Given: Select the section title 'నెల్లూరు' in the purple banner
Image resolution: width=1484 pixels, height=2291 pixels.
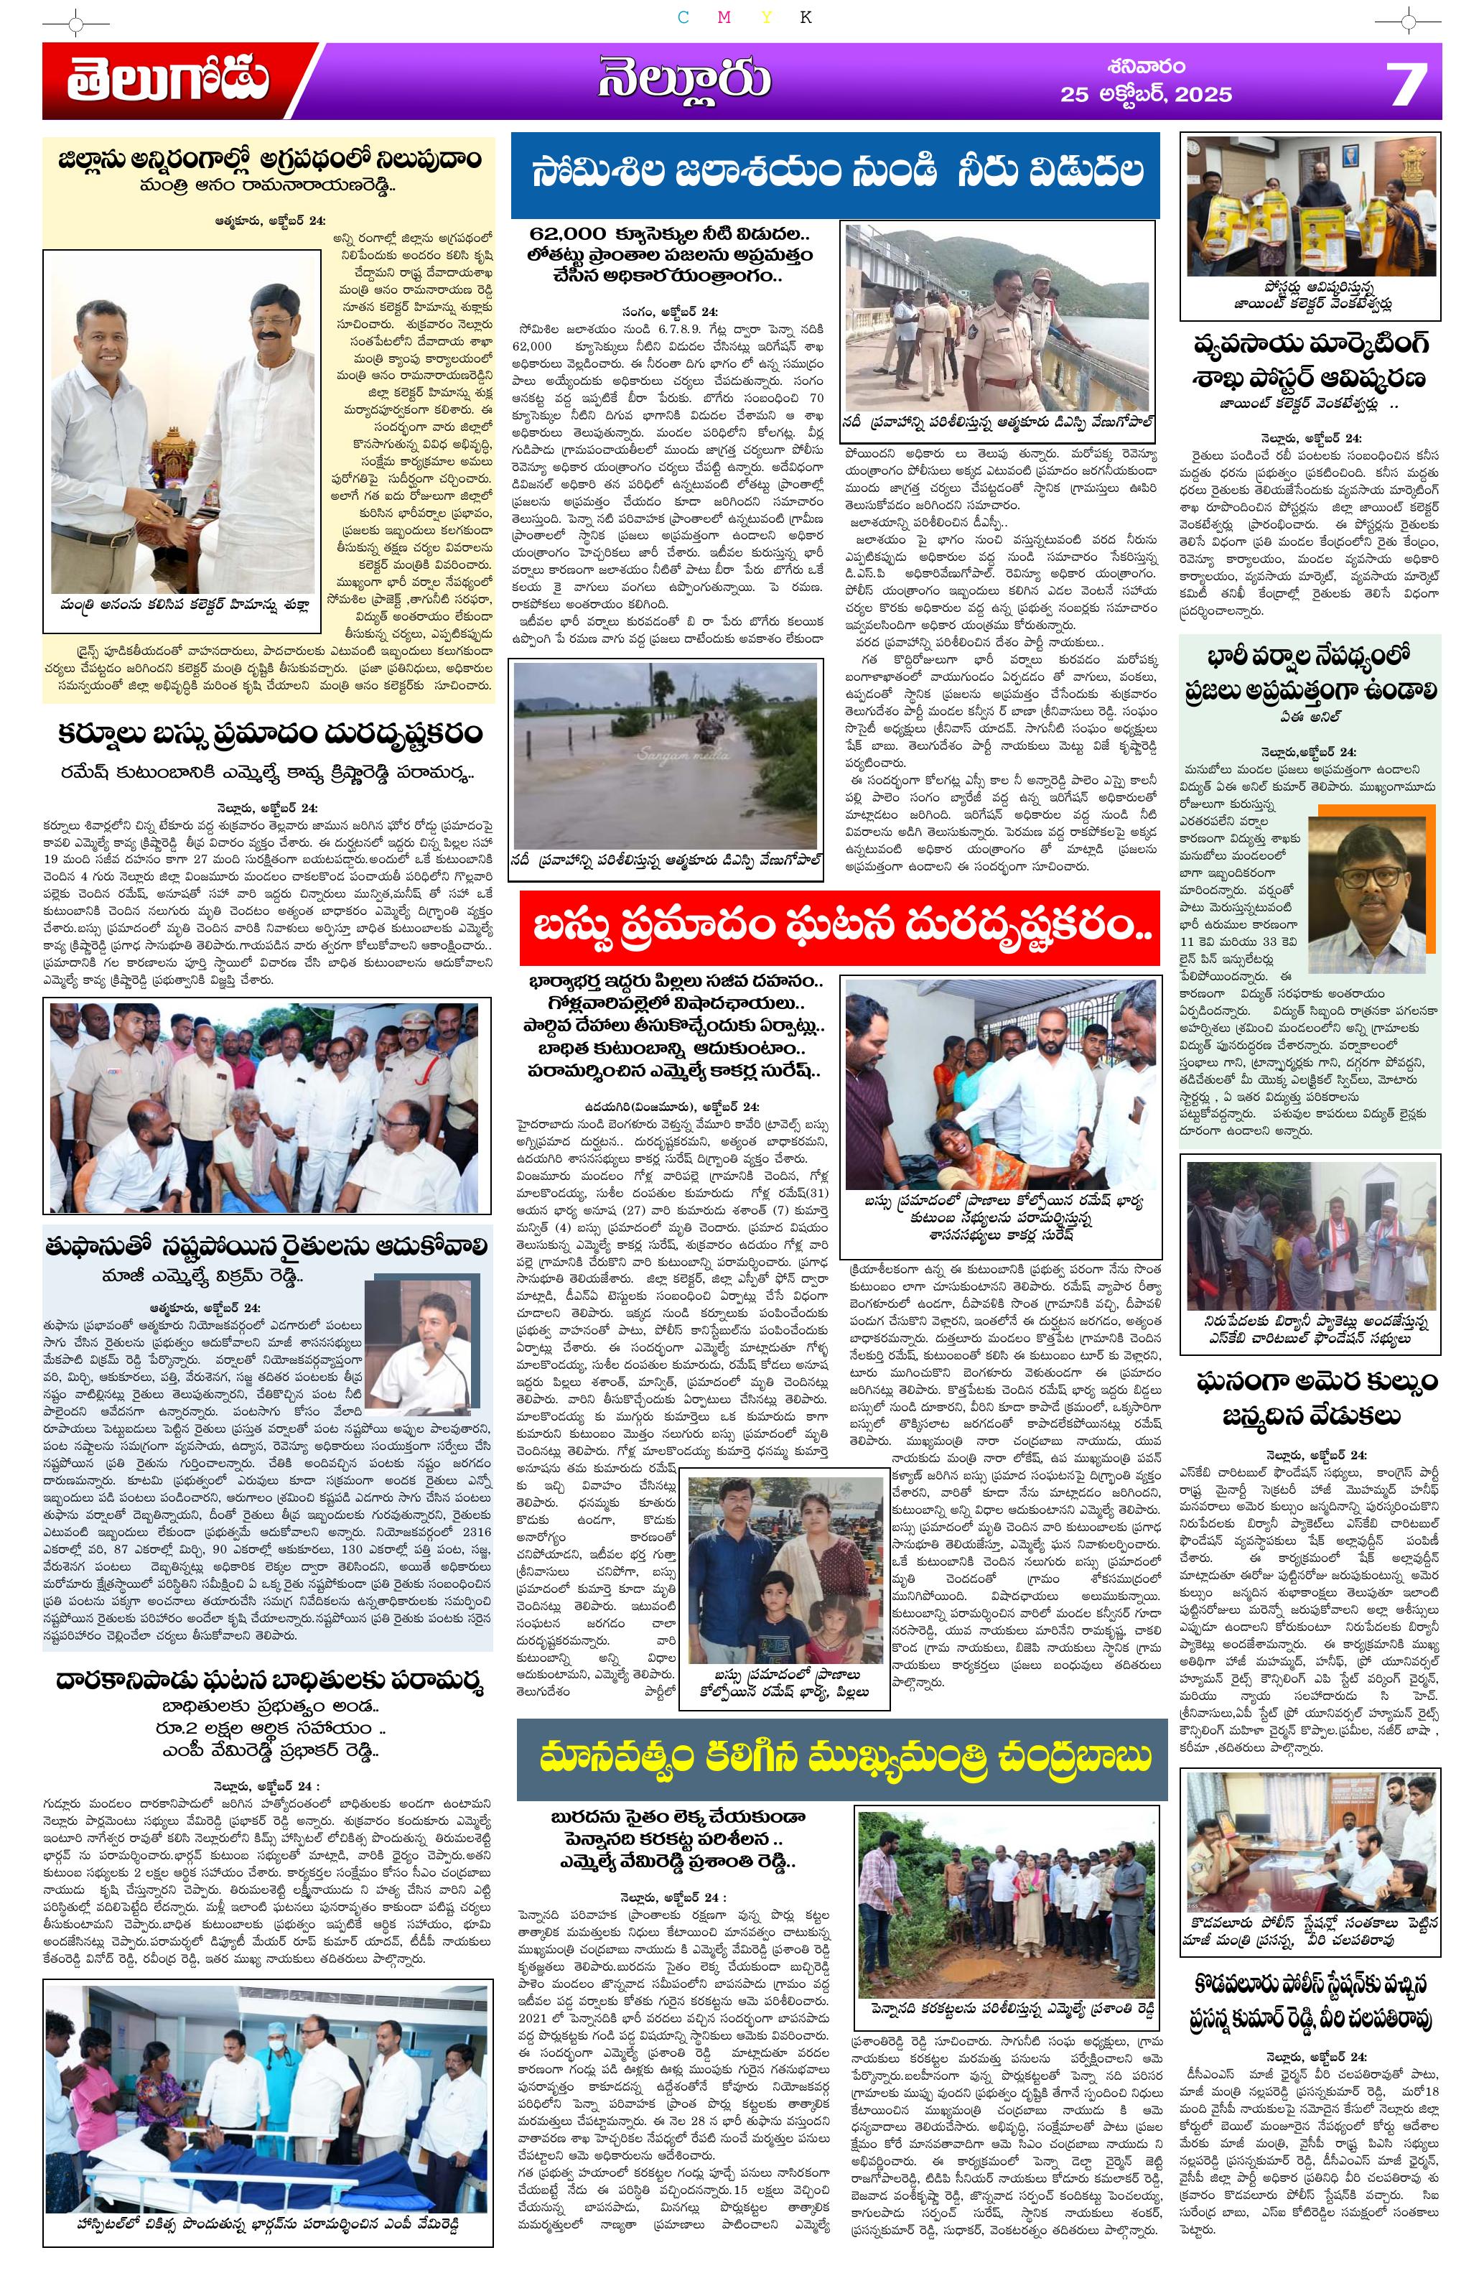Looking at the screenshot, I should (684, 80).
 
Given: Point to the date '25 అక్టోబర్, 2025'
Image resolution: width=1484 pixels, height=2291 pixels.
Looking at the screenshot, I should (1145, 94).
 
